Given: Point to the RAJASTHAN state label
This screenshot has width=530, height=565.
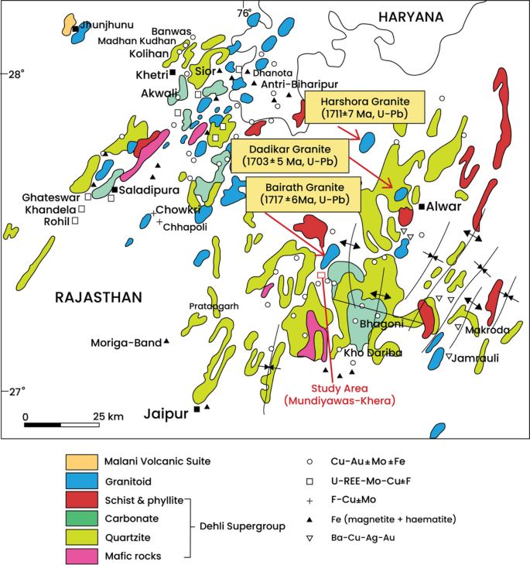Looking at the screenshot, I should [98, 296].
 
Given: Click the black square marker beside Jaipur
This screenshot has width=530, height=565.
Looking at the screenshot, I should [197, 409].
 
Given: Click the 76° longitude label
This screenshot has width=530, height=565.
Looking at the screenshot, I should [244, 12].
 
